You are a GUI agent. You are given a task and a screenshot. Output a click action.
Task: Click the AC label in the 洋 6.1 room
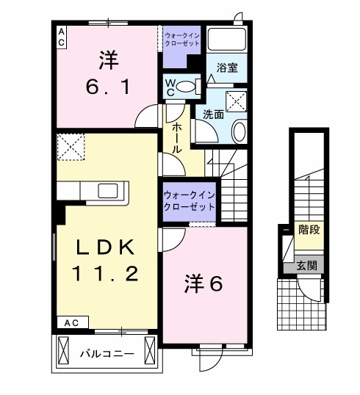[x=61, y=37]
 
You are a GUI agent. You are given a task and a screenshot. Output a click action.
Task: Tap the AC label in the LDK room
[x=71, y=322]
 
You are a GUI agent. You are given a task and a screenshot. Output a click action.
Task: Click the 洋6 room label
[x=203, y=283]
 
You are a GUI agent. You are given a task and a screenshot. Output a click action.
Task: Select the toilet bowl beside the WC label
[x=189, y=87]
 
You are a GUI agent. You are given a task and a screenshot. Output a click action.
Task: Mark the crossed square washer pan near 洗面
[x=236, y=101]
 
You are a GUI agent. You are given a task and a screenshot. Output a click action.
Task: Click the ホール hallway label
[x=178, y=137]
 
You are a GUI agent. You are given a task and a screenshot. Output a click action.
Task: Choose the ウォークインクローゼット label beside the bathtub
[x=182, y=38]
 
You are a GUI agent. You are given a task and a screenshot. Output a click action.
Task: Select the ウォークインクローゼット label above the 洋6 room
[x=189, y=200]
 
